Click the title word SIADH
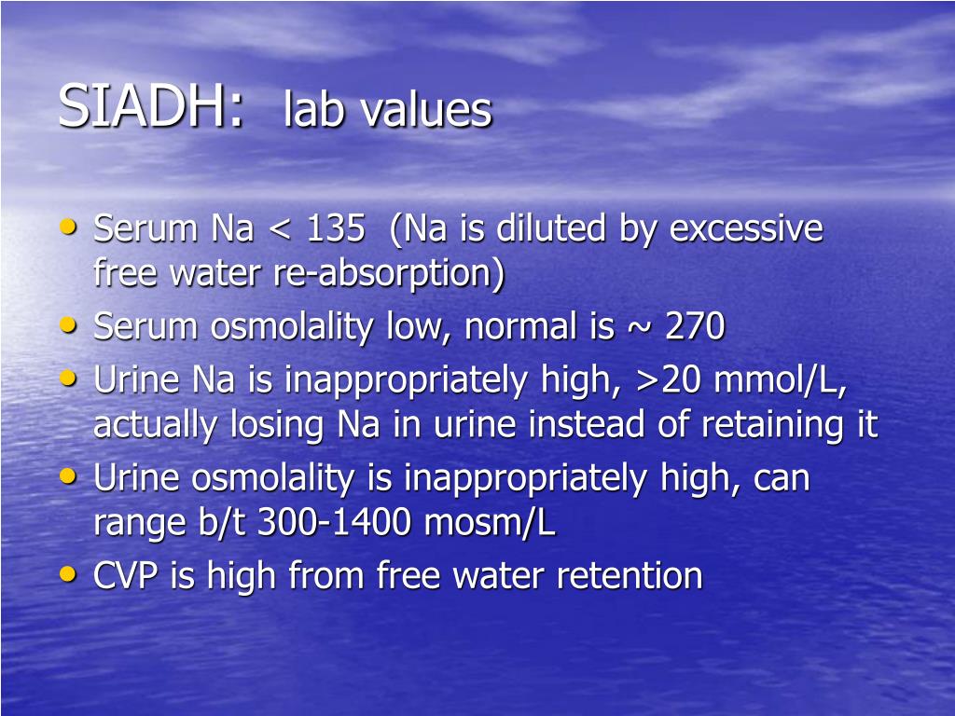(x=152, y=107)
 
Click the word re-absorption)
(x=388, y=274)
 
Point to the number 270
(x=695, y=327)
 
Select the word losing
(x=277, y=425)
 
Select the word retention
(x=630, y=576)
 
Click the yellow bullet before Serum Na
(x=68, y=226)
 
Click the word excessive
(x=746, y=229)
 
